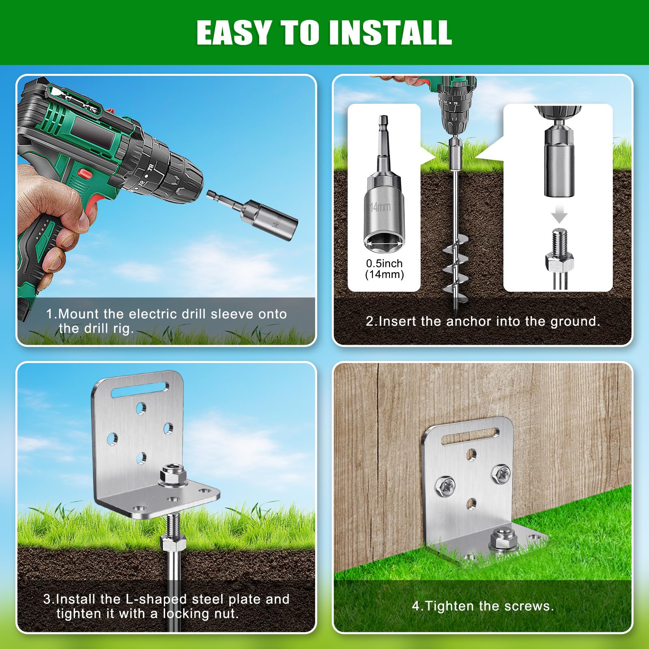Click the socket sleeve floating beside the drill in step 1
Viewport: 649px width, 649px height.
pyautogui.click(x=252, y=215)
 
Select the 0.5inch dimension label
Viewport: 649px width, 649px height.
pyautogui.click(x=384, y=264)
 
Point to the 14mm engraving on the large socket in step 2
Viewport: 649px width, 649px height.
pyautogui.click(x=380, y=207)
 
